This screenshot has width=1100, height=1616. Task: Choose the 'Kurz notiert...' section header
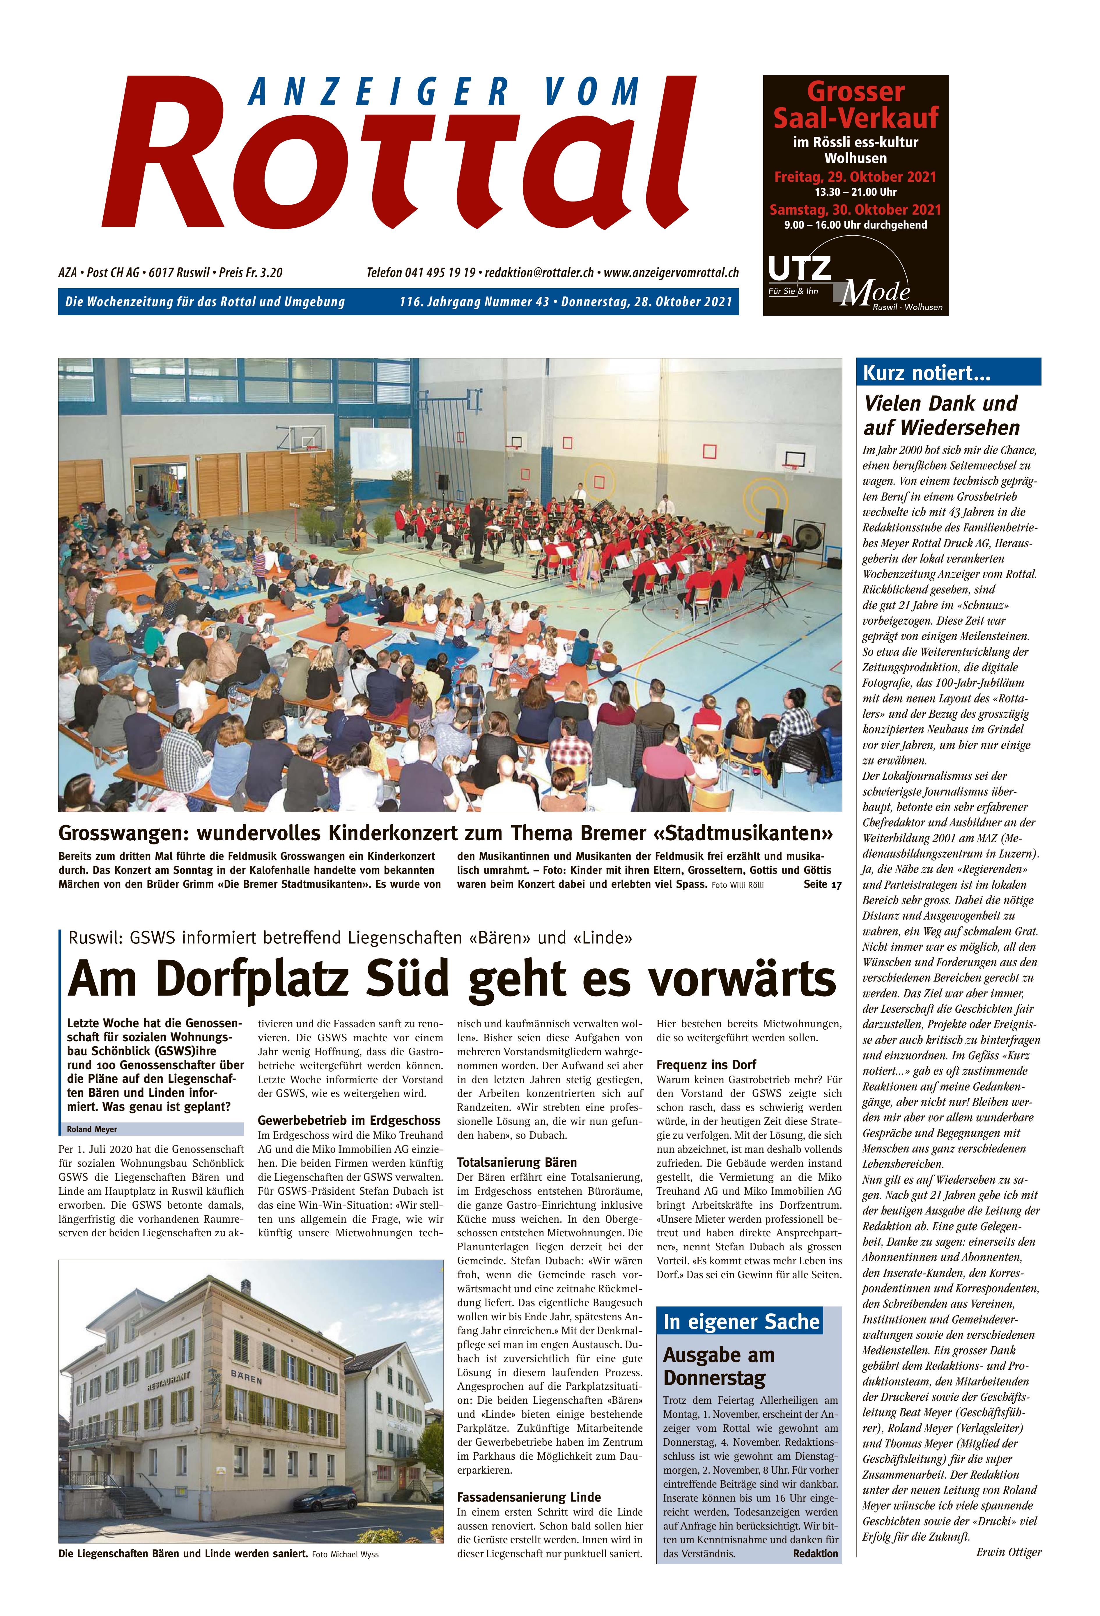(x=926, y=373)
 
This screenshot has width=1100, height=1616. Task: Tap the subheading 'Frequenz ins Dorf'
(x=706, y=1065)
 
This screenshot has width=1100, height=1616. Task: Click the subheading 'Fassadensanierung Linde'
(x=528, y=1497)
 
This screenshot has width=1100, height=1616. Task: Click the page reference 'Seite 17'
(x=822, y=885)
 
